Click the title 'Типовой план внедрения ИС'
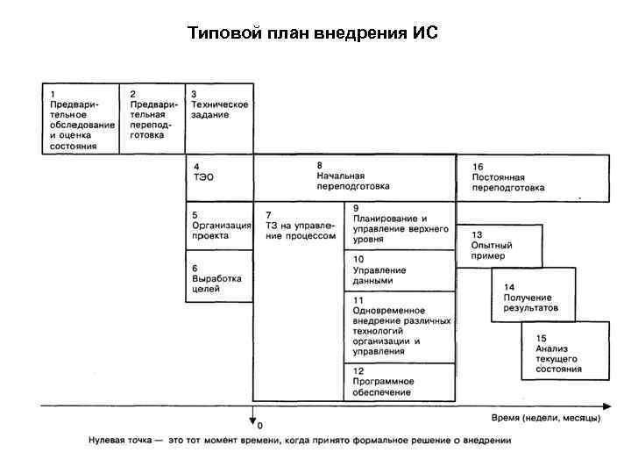pyautogui.click(x=312, y=34)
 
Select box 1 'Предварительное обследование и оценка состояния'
pyautogui.click(x=82, y=118)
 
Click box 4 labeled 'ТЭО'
pyautogui.click(x=219, y=177)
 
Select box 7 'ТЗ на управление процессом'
pyautogui.click(x=354, y=177)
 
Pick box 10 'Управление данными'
pyautogui.click(x=401, y=327)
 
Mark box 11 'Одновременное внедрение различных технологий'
pyautogui.click(x=401, y=382)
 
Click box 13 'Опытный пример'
pyautogui.click(x=533, y=296)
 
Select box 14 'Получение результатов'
pyautogui.click(x=564, y=351)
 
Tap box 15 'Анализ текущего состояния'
pyautogui.click(x=533, y=177)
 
